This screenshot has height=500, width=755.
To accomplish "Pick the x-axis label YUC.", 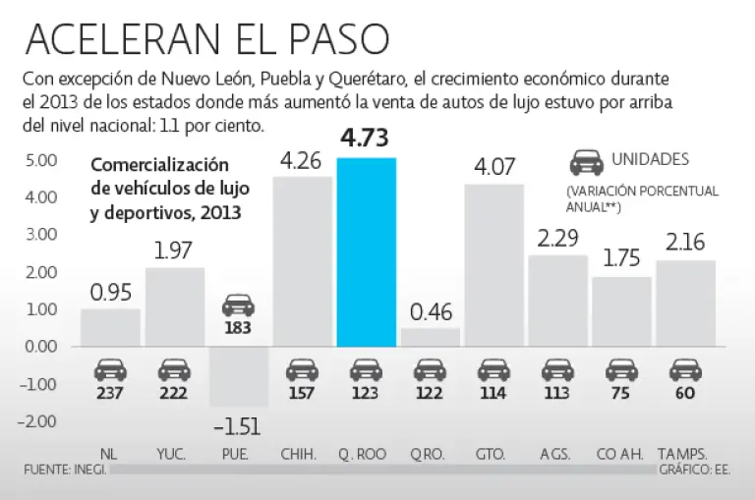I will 174,454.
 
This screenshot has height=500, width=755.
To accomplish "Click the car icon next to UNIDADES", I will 587,161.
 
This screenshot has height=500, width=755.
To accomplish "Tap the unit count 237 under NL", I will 110,394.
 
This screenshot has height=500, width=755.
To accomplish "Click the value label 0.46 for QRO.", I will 430,313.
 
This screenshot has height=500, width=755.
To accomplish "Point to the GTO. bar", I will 494,265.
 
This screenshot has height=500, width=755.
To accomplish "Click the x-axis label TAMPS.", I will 685,454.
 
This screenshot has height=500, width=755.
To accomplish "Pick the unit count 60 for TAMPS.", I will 685,394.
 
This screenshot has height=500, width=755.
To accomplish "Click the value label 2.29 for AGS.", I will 557,240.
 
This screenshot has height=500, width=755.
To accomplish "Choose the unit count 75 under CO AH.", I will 621,394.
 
